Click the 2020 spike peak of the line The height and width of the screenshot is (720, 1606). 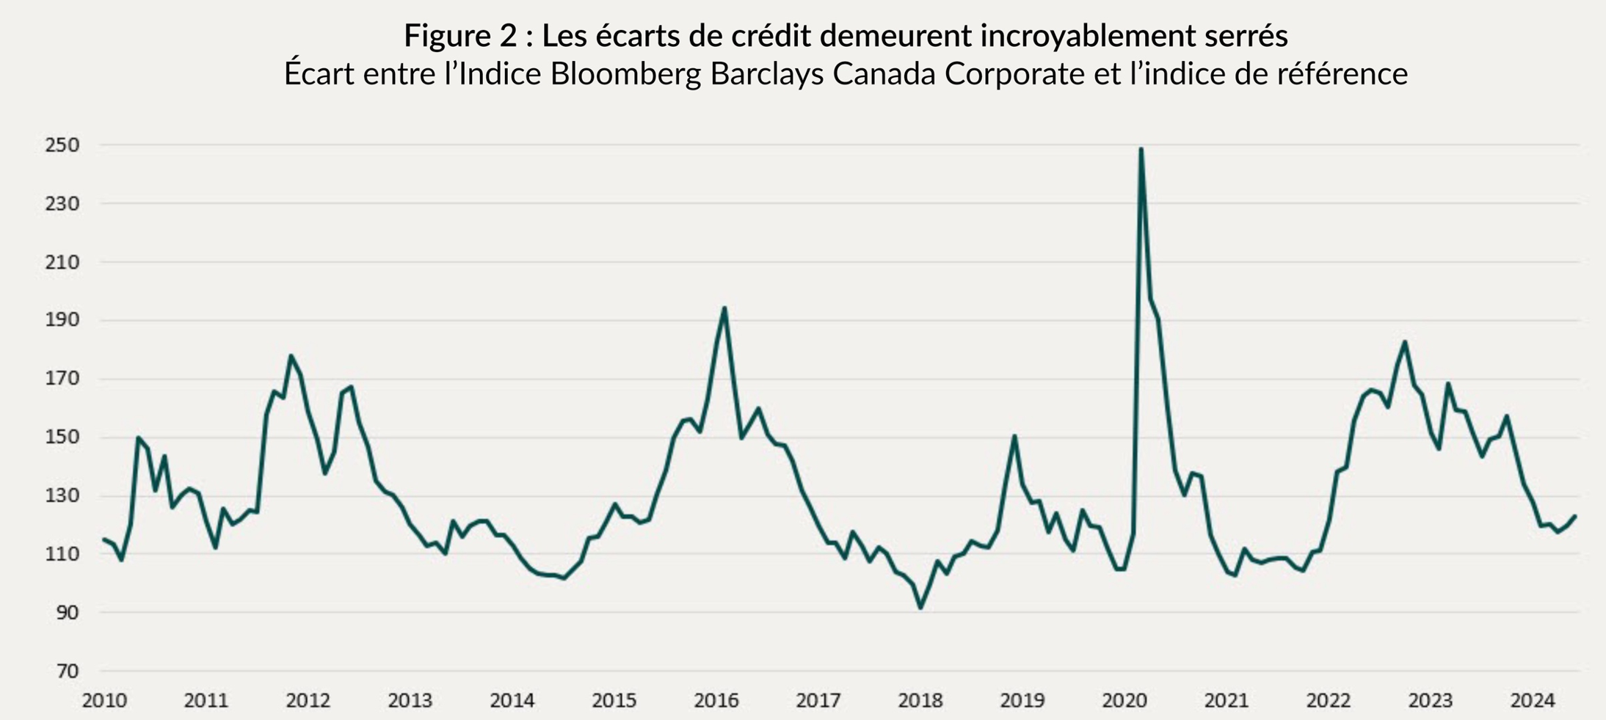[1141, 149]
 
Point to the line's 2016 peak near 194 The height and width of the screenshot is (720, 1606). [724, 308]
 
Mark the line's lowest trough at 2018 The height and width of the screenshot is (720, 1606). [920, 607]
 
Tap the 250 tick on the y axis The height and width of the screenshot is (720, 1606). [62, 145]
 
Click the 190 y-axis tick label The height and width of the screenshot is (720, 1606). [62, 321]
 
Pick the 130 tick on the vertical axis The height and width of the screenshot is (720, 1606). [62, 496]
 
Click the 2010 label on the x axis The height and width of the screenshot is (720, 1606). [104, 701]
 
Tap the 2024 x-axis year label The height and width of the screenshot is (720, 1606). [1532, 701]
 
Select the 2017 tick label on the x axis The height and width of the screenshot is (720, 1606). [818, 701]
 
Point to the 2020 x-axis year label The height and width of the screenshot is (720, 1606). [1124, 701]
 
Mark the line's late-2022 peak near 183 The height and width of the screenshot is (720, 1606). [1405, 342]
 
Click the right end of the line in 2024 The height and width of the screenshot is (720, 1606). [1575, 517]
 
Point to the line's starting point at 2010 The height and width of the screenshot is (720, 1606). [103, 539]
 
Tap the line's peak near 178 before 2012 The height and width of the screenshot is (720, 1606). [291, 356]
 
